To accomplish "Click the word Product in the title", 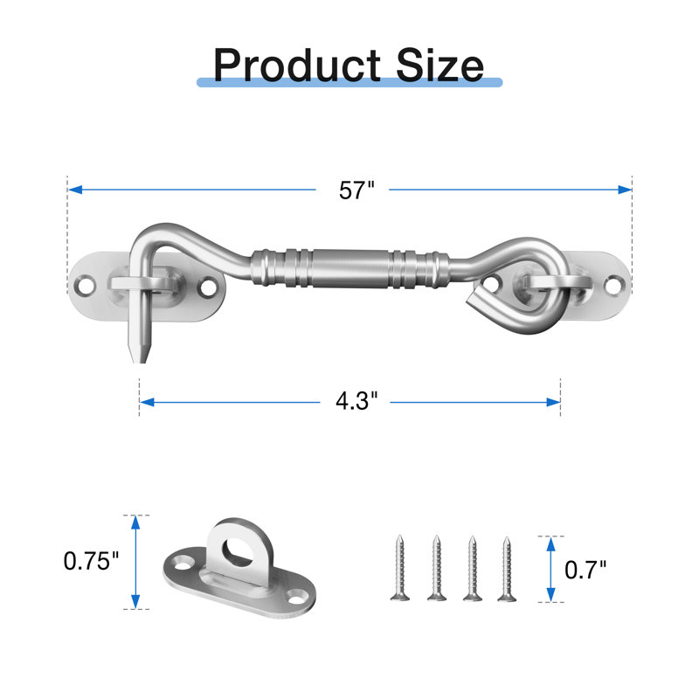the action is pos(297,66).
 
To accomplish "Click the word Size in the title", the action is pos(440,66).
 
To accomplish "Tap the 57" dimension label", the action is pos(356,190).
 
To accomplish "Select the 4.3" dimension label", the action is pos(356,400).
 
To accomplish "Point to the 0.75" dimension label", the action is pos(92,561).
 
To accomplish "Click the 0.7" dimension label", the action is pos(585,570).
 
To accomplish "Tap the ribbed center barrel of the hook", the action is pos(350,268).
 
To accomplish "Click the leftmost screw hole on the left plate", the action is pos(85,286).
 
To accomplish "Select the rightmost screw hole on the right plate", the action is pos(614,285).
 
